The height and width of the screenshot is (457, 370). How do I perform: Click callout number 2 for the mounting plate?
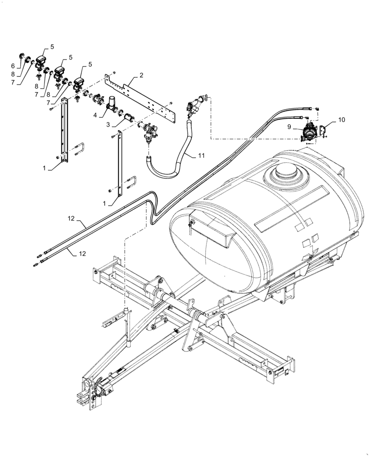coord(142,74)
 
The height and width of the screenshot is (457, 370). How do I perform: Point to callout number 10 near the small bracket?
coord(343,120)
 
